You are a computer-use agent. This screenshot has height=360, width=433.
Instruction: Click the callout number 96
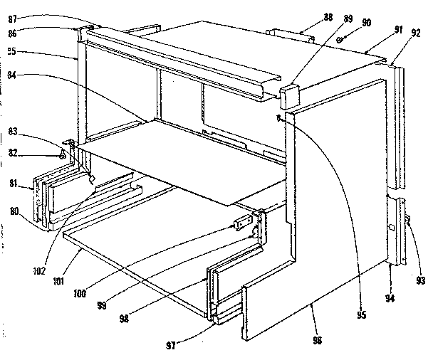317,341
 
